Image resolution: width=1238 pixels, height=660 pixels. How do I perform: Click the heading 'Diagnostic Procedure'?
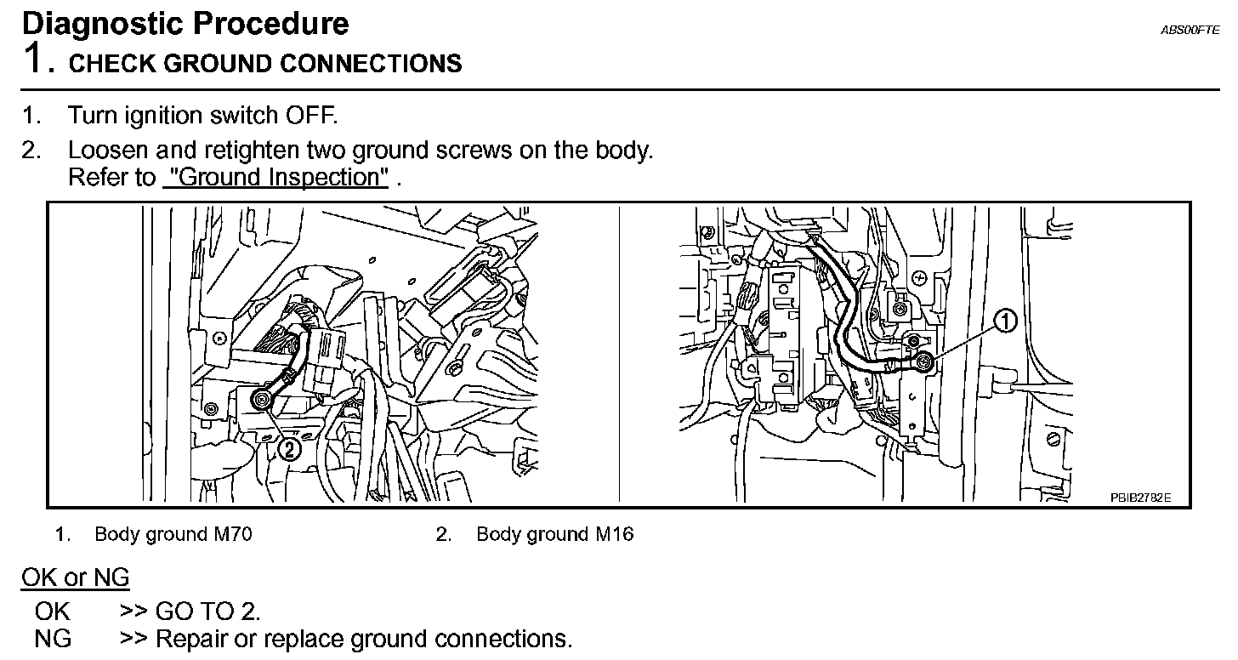tap(185, 23)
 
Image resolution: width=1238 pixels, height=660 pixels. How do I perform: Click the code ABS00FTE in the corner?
tap(1190, 30)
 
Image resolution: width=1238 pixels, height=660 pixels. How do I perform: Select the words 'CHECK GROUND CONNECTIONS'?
tap(265, 64)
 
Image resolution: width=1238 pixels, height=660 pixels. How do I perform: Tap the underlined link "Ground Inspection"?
tap(275, 178)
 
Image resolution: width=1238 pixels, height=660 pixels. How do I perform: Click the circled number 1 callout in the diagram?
tap(1006, 321)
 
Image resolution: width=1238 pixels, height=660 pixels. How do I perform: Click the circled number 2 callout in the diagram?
tap(290, 449)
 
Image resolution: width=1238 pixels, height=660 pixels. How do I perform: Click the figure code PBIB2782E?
tap(1139, 498)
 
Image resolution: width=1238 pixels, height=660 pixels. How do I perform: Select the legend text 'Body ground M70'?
tap(173, 534)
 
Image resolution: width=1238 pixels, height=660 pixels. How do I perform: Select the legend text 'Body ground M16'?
tap(554, 534)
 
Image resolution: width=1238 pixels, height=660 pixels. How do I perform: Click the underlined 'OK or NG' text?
tap(75, 578)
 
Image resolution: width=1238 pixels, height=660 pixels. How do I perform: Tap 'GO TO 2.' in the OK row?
tap(208, 611)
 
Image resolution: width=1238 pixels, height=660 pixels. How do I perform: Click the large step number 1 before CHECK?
tap(34, 60)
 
